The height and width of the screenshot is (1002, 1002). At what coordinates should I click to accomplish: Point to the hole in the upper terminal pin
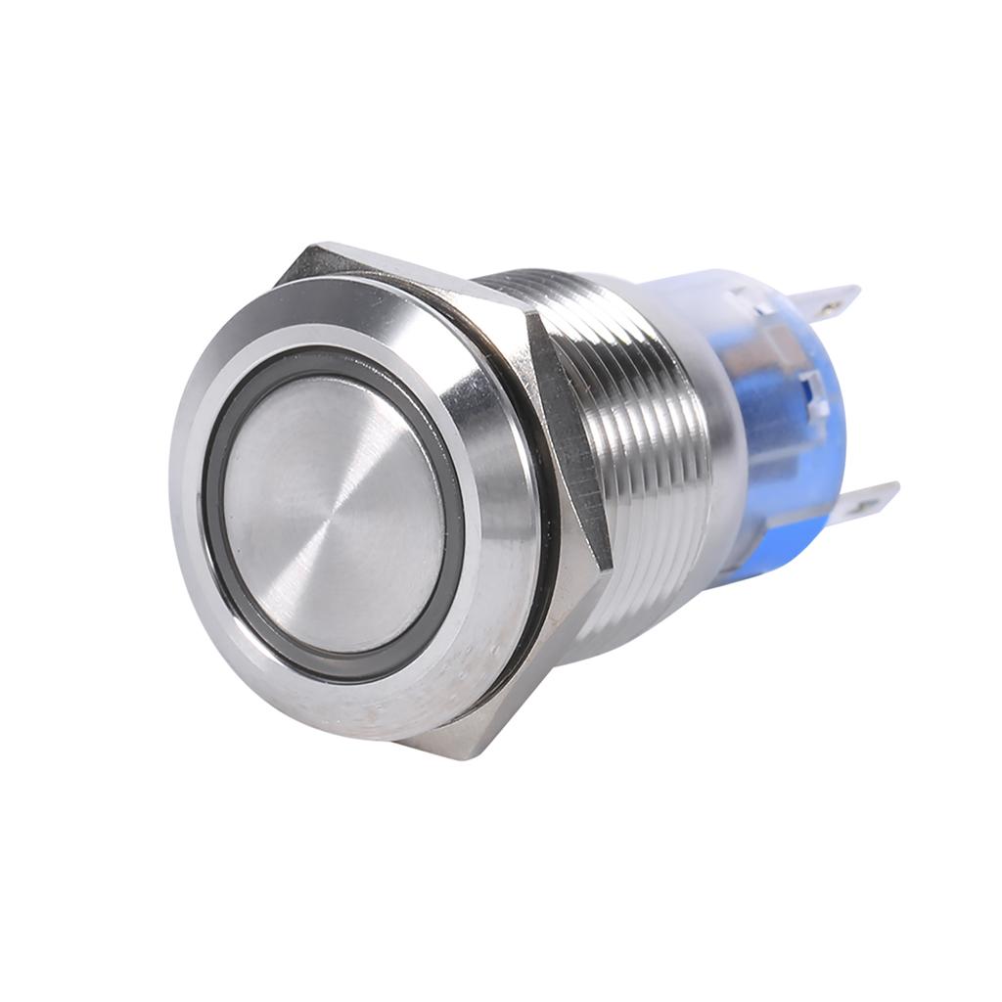click(x=832, y=304)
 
